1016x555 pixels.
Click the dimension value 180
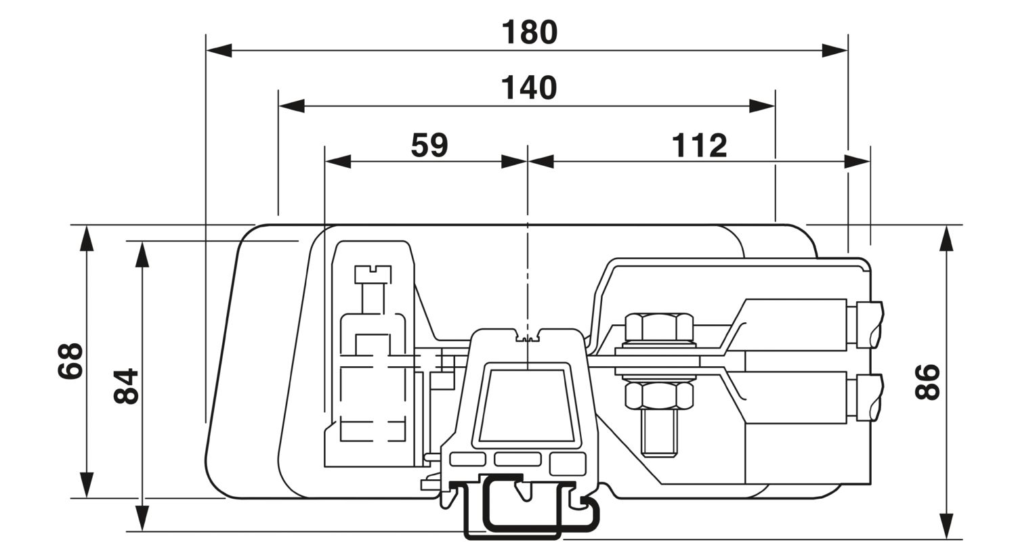click(x=529, y=32)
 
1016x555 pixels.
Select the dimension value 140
click(x=529, y=89)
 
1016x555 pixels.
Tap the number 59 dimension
click(x=429, y=145)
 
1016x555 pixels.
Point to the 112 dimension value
click(x=699, y=146)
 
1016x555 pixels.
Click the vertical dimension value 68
click(x=70, y=361)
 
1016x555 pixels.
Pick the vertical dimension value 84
click(x=126, y=386)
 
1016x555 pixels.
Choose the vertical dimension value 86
click(x=927, y=382)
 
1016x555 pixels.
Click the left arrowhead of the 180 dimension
click(x=219, y=51)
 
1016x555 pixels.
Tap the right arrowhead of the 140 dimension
click(x=761, y=106)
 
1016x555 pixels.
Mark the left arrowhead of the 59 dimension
click(x=339, y=161)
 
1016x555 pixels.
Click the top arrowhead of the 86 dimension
click(x=947, y=238)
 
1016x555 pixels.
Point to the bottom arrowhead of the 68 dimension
click(x=87, y=485)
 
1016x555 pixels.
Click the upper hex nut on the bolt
click(x=660, y=327)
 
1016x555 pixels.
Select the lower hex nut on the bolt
click(x=660, y=396)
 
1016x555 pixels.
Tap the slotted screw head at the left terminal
click(x=373, y=275)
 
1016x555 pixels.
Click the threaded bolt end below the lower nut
click(x=660, y=433)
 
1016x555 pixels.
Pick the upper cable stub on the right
click(x=869, y=324)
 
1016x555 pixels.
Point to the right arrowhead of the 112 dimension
click(x=858, y=161)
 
